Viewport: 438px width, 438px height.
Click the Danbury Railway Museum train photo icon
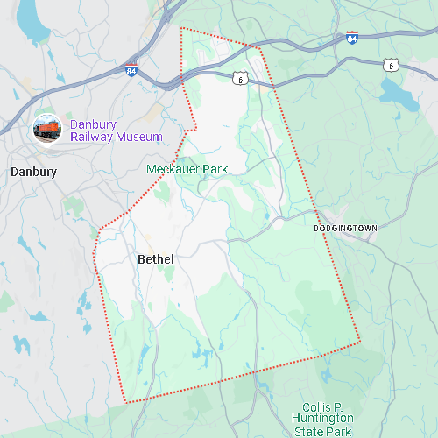(x=47, y=129)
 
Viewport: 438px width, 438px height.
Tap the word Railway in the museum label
(x=93, y=138)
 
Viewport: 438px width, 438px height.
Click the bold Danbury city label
(x=33, y=172)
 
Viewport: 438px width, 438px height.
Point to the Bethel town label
(x=156, y=259)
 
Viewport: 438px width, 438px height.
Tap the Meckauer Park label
(x=187, y=168)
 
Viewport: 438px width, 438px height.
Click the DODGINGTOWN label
(x=345, y=228)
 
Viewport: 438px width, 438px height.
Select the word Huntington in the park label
(x=322, y=420)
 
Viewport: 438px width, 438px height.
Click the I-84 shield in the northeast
(x=351, y=39)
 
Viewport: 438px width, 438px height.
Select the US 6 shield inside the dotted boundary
(x=239, y=79)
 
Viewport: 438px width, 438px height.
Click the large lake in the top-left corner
(x=33, y=19)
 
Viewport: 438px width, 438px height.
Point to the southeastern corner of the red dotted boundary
(x=360, y=342)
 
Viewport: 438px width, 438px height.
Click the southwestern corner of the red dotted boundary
(x=127, y=402)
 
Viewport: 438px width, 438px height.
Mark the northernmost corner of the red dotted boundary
(x=180, y=28)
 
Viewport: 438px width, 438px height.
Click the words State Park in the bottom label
(x=322, y=431)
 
